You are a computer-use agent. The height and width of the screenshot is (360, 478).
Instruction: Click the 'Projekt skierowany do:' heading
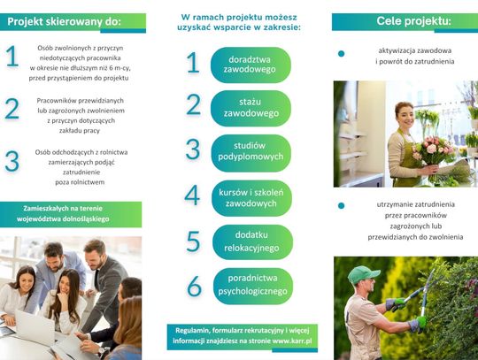coord(64,22)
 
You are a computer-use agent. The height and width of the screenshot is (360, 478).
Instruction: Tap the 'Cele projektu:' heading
coord(413,21)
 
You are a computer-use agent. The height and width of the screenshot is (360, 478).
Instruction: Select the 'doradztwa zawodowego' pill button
coord(251,65)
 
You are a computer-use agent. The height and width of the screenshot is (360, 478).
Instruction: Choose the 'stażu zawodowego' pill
coord(251,108)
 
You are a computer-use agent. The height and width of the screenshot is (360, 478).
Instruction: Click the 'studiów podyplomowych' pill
coord(251,153)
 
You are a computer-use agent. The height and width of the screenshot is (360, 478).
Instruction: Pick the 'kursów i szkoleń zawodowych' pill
coord(251,198)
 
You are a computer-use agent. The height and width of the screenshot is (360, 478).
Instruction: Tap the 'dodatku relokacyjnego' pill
coord(252,242)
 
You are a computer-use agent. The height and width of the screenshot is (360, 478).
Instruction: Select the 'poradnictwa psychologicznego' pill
coord(253,286)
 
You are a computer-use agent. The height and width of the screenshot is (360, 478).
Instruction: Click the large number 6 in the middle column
coord(194,286)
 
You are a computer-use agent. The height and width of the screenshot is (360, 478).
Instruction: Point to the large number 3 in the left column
coord(12,161)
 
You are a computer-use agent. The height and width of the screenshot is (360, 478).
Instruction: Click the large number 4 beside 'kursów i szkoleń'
coord(192,195)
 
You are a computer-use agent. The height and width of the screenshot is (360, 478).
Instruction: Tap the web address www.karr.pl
coord(292,341)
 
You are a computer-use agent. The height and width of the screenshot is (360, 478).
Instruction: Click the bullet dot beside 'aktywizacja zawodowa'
coord(341,54)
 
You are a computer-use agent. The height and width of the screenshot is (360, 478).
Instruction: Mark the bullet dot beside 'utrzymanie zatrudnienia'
coord(341,205)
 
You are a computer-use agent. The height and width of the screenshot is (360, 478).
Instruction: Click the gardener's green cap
coord(363,274)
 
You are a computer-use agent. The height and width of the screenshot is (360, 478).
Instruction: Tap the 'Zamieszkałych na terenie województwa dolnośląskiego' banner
coord(71,214)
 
